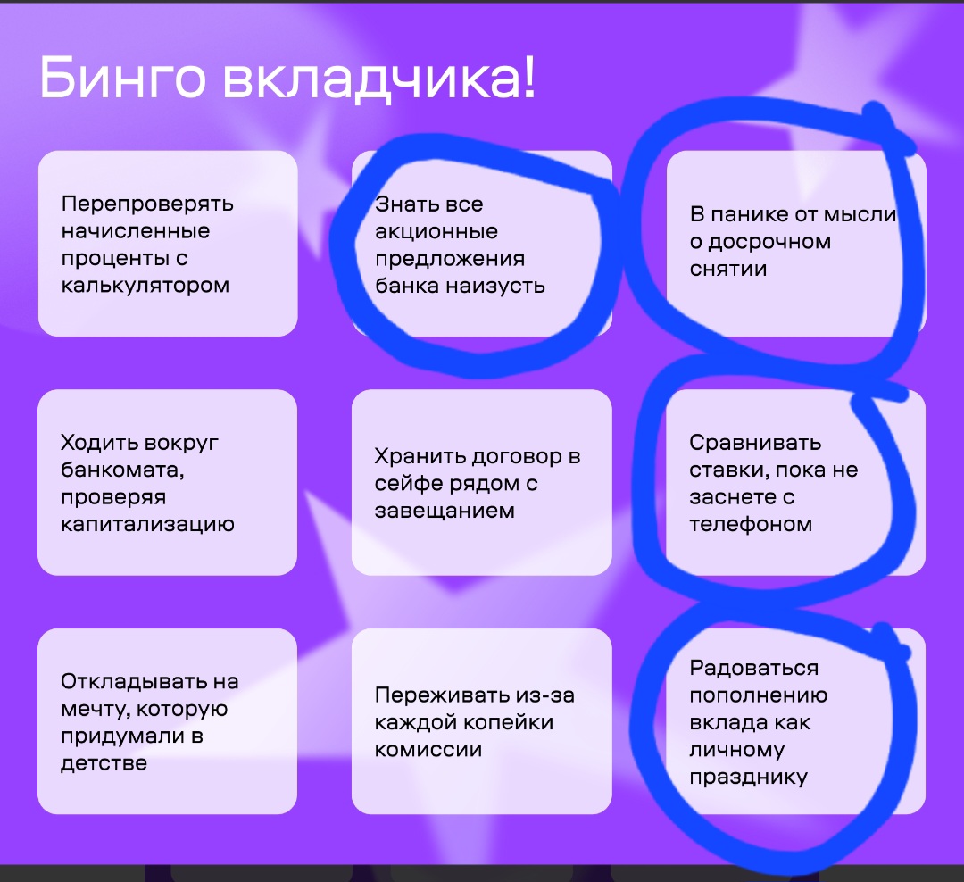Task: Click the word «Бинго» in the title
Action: click(122, 79)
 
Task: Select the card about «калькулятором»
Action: click(168, 244)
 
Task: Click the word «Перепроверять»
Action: click(147, 204)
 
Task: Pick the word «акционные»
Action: click(436, 232)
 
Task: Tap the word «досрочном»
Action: click(769, 242)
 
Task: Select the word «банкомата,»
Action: click(122, 470)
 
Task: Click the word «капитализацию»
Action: click(147, 525)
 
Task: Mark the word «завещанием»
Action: click(445, 512)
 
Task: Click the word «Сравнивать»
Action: click(755, 443)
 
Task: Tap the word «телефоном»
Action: click(751, 525)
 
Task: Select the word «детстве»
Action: click(104, 764)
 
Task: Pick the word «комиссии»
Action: click(428, 750)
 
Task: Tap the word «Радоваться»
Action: click(753, 668)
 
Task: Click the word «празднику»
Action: click(748, 778)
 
